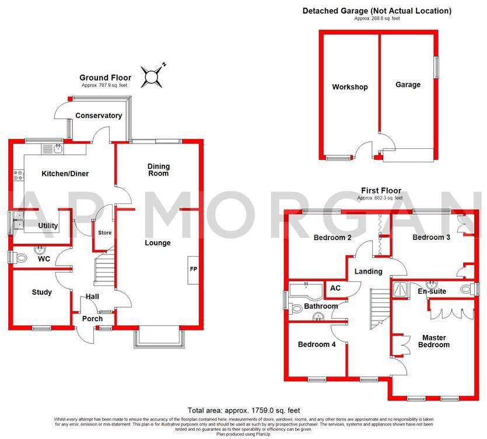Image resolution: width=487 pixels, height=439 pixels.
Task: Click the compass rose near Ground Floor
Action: [x=153, y=76]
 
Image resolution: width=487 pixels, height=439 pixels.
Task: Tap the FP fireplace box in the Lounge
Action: [x=192, y=270]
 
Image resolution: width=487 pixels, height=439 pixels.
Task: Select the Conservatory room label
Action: [x=99, y=116]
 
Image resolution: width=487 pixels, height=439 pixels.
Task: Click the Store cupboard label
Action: [x=104, y=232]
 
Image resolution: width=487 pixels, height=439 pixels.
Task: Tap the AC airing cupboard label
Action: [x=335, y=288]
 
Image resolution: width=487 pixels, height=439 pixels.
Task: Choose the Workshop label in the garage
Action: [x=350, y=87]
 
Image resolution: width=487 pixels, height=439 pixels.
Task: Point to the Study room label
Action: [x=41, y=292]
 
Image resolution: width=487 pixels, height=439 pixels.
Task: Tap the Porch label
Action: [x=92, y=319]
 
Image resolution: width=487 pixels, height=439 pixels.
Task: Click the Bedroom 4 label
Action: [x=317, y=344]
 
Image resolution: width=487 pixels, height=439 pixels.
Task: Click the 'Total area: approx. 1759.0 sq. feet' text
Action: [x=243, y=410]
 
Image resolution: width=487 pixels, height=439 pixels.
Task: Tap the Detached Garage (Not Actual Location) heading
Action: [x=377, y=11]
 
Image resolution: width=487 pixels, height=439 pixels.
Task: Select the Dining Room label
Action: [x=158, y=169]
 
